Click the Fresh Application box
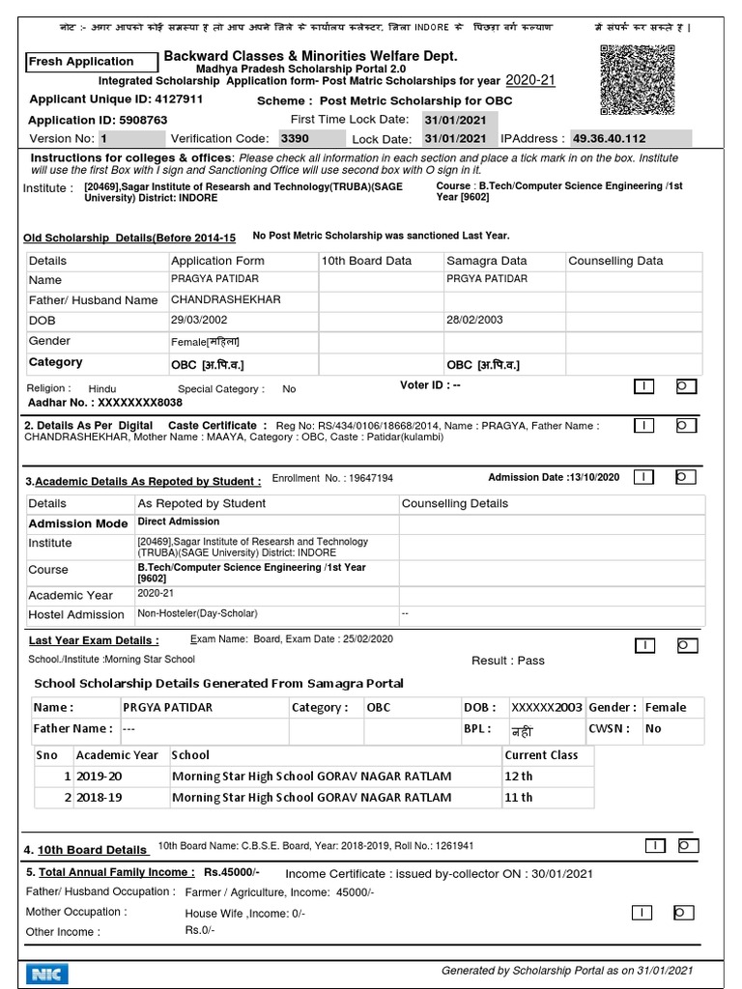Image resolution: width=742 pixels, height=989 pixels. [93, 62]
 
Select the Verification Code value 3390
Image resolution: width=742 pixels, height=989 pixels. [294, 138]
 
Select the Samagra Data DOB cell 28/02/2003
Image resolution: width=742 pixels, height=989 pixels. [473, 320]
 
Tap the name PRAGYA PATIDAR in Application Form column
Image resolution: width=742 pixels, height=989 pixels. [210, 279]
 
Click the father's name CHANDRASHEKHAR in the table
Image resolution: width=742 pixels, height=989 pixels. [226, 299]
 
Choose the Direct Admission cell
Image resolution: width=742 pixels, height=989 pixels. [179, 522]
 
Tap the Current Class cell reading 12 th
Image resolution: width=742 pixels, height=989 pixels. [519, 777]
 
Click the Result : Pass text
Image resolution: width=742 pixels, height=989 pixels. [507, 661]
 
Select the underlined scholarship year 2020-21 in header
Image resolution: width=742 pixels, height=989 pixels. [530, 80]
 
